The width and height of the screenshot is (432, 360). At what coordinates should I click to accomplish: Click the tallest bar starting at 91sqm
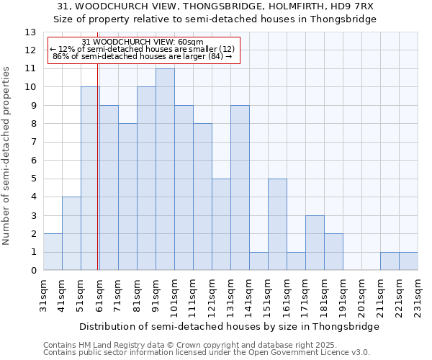point(165,169)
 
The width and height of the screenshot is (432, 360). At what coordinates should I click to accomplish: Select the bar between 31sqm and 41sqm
point(53,252)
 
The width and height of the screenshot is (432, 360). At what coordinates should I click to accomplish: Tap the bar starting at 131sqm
point(240,188)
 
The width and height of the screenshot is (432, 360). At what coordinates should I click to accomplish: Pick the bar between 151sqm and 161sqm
point(277,225)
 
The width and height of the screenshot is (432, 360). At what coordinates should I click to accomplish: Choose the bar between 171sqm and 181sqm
point(315,243)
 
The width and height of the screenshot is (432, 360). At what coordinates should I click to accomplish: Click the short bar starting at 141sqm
point(258,261)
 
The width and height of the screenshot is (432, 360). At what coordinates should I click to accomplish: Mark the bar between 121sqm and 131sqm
point(221,225)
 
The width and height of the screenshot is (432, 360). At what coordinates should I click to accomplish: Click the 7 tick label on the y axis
point(32,143)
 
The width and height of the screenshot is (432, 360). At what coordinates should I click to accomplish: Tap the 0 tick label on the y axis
point(32,271)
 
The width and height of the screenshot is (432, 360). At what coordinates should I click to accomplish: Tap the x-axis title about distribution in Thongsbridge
point(229,326)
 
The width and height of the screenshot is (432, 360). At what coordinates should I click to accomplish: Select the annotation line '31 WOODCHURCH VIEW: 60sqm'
point(143,42)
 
